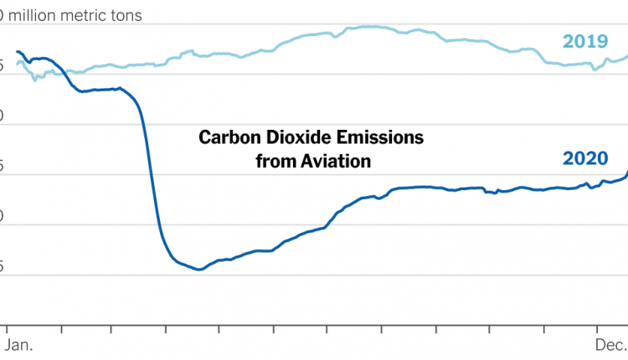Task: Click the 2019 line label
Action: [584, 41]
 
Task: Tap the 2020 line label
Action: [584, 158]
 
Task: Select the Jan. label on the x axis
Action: [20, 345]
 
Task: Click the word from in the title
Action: [272, 160]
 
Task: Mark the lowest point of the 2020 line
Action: [198, 270]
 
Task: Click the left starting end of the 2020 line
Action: [17, 52]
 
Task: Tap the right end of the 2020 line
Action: [627, 172]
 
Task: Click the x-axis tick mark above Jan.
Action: [8, 327]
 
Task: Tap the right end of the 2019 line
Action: [627, 57]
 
